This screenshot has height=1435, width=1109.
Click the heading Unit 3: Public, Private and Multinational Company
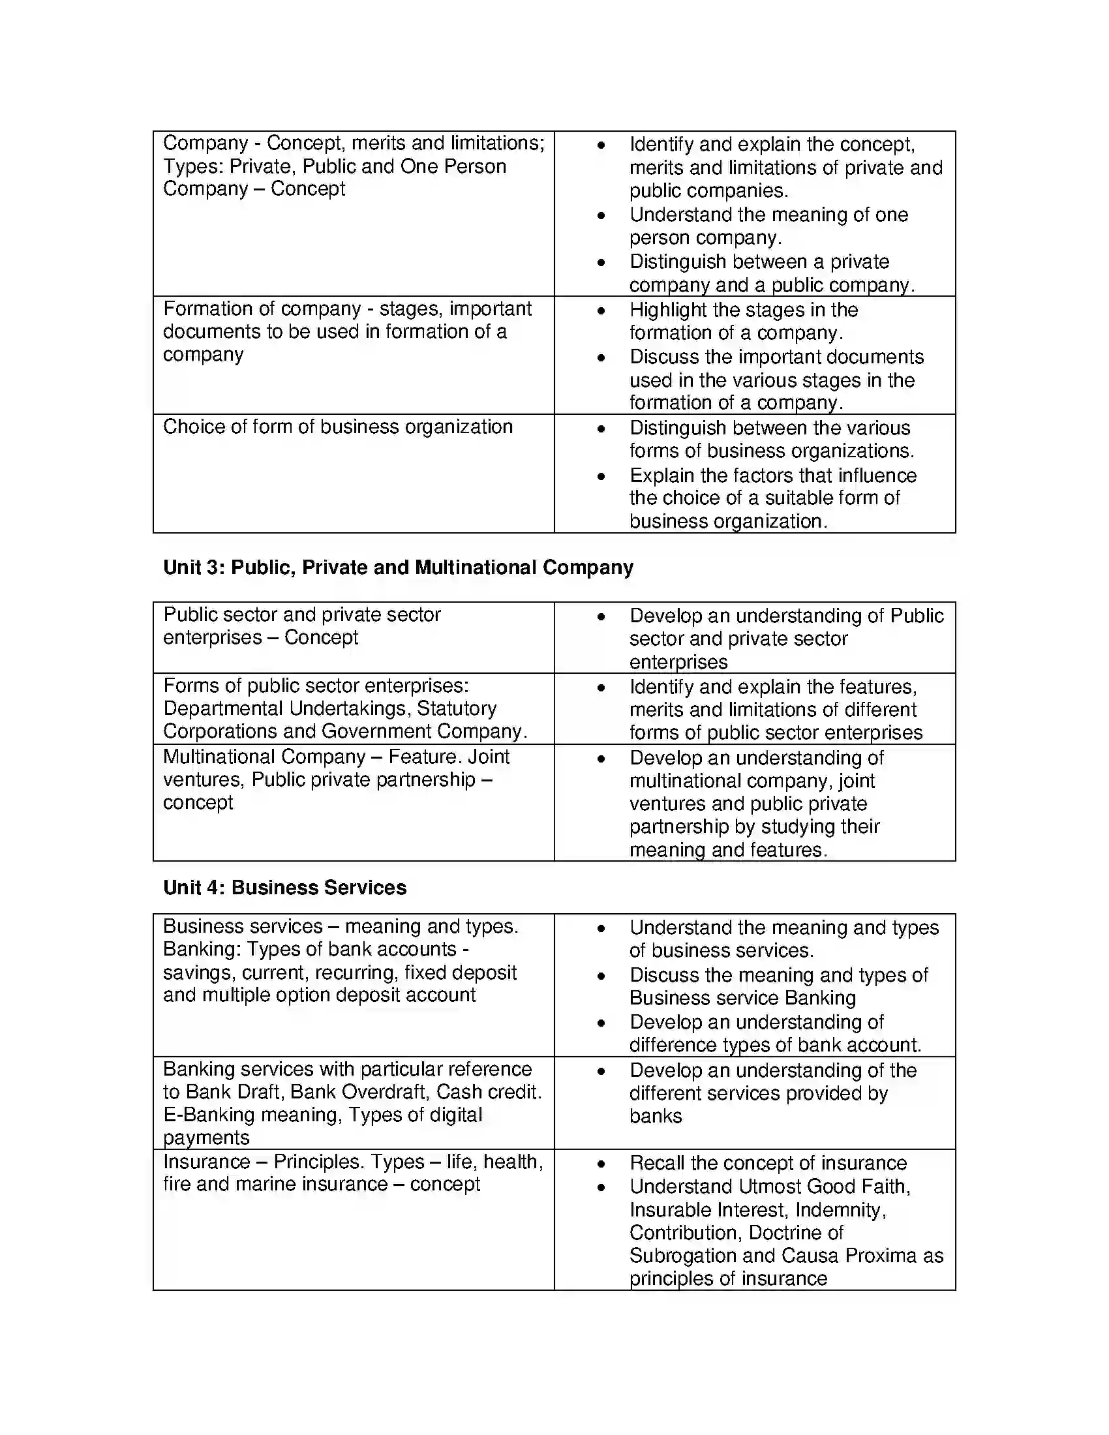[x=398, y=567]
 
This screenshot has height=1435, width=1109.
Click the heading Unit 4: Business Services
[x=284, y=887]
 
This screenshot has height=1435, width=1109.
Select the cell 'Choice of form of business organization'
[x=338, y=427]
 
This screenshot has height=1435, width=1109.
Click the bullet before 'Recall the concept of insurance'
[x=600, y=1164]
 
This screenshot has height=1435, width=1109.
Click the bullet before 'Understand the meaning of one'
[x=600, y=215]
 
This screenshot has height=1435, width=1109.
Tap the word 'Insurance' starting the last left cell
[x=206, y=1161]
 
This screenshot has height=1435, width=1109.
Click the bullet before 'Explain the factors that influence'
[x=600, y=476]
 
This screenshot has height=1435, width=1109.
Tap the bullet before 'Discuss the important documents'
[x=600, y=358]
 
